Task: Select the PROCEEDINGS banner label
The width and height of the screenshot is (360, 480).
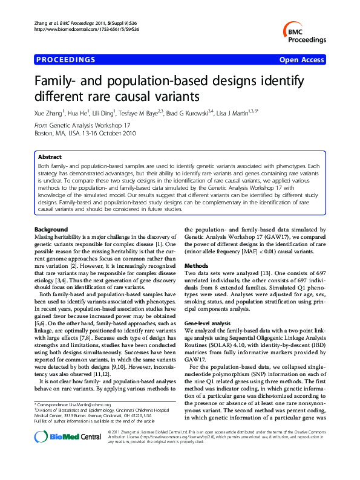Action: (x=66, y=60)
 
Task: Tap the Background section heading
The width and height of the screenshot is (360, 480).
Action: (x=51, y=230)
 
